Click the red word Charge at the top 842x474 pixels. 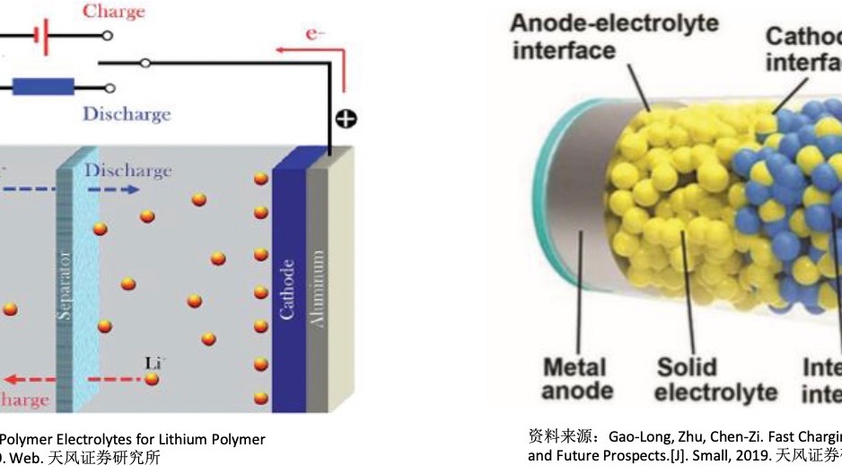114,12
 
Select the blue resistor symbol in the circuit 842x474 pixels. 43,88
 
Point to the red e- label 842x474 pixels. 315,33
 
